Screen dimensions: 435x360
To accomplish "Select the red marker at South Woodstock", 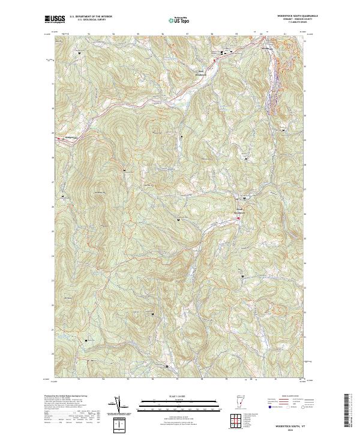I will [238, 218].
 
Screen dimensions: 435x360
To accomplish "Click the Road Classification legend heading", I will [287, 397].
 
